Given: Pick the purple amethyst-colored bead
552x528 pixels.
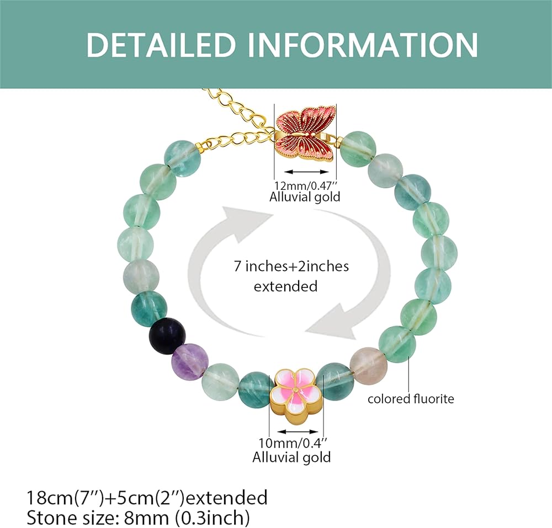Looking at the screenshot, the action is pos(189,361).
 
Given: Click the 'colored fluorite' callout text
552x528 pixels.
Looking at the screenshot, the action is pos(411,399).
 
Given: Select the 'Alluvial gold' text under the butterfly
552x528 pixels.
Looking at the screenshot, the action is pos(305,196).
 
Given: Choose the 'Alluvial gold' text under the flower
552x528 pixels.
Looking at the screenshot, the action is pos(291,457).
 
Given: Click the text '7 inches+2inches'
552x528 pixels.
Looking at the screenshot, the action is pos(291,266).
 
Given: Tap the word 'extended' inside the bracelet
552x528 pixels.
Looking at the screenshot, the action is pos(285,286).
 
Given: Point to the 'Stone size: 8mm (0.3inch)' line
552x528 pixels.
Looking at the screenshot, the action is pos(139,518).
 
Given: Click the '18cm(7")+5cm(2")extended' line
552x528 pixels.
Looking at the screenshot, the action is pos(147,498).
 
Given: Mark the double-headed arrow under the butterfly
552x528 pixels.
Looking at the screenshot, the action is pos(306,172).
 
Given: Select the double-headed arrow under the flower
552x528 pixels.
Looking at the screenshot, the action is pos(298,431).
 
